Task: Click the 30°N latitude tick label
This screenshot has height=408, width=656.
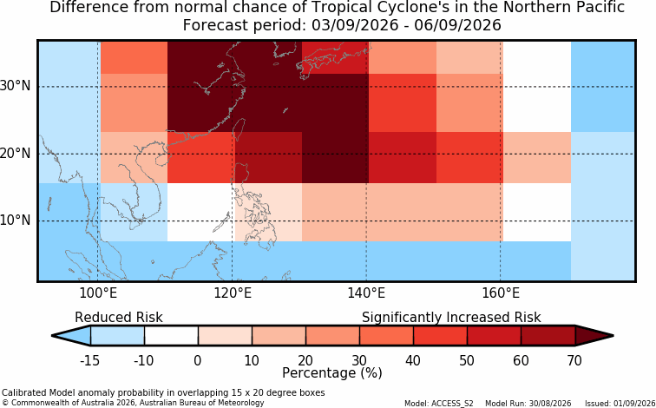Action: tap(15, 86)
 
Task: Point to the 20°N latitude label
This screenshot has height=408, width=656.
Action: tap(15, 153)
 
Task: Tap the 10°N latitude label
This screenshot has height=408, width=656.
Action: tap(15, 220)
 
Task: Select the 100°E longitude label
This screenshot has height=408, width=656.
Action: tap(98, 293)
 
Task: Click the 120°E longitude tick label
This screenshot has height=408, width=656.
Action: tap(233, 293)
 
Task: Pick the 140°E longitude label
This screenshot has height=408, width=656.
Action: tap(366, 293)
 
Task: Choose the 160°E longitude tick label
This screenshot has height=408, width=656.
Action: tap(501, 293)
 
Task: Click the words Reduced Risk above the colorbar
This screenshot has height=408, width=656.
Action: tap(119, 317)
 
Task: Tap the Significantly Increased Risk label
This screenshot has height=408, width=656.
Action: tap(451, 318)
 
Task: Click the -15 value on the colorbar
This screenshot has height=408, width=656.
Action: tap(90, 360)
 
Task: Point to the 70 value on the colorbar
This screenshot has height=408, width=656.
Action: tap(574, 360)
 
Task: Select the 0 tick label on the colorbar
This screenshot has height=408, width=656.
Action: tap(198, 360)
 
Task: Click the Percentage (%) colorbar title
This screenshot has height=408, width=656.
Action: tap(332, 373)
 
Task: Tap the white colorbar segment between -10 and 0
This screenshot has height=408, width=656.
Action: tap(171, 336)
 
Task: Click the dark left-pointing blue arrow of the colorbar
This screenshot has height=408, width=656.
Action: tap(71, 336)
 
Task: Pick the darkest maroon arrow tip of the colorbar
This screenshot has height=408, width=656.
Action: tap(594, 336)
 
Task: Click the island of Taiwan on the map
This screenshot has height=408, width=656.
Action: tap(238, 129)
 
